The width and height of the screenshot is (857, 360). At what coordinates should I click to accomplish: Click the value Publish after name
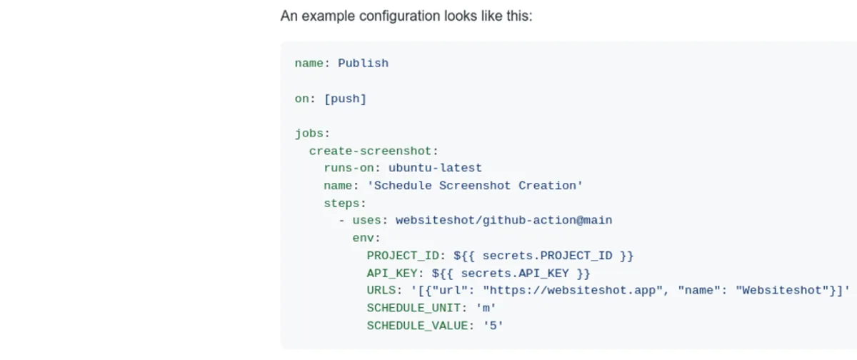pyautogui.click(x=363, y=63)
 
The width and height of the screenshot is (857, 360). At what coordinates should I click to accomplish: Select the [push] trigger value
pyautogui.click(x=345, y=99)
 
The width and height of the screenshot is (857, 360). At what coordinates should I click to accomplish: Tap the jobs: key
pyautogui.click(x=312, y=133)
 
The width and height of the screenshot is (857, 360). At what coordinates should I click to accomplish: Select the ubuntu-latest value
pyautogui.click(x=435, y=169)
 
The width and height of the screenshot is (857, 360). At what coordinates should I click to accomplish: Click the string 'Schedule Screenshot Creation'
pyautogui.click(x=475, y=186)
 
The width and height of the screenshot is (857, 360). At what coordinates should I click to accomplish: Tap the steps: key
pyautogui.click(x=344, y=203)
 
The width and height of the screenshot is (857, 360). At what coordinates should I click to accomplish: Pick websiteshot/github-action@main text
pyautogui.click(x=503, y=220)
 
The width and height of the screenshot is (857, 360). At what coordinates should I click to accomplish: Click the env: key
pyautogui.click(x=366, y=238)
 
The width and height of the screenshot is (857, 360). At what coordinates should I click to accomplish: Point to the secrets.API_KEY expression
pyautogui.click(x=525, y=273)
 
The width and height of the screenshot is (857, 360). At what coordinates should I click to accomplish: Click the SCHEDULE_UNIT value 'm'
pyautogui.click(x=486, y=308)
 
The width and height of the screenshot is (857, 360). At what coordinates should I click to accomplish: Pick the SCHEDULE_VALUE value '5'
pyautogui.click(x=493, y=326)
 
